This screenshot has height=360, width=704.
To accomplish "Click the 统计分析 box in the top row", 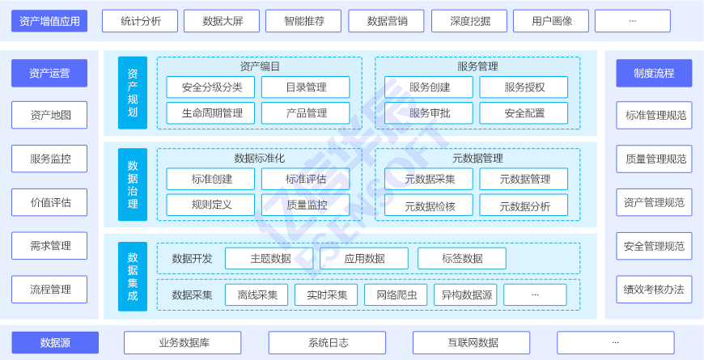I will [141, 21].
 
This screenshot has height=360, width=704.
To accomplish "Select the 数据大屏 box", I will [221, 21].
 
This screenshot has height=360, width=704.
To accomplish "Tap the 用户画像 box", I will [551, 21].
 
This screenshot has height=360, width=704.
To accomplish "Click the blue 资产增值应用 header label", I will [49, 21].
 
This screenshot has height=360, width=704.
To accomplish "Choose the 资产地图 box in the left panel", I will [49, 115].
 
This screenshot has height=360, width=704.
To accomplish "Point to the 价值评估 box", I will [49, 202].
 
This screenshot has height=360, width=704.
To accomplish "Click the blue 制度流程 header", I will [654, 73].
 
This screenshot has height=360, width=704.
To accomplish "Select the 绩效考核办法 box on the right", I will [654, 290].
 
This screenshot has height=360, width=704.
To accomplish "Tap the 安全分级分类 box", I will [210, 87].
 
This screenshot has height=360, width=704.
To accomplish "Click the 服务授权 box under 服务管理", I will [524, 87].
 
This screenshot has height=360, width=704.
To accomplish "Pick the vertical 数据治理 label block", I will [133, 184].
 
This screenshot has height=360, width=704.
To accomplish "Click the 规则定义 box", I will [210, 205].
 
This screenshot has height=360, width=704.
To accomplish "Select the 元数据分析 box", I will [524, 205].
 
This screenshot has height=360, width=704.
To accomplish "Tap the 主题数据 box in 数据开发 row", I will [269, 259].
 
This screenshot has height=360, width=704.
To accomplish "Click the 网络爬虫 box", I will [396, 295].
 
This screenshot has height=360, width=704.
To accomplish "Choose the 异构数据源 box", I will [465, 295].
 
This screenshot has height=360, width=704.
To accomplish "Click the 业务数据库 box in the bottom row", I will [183, 343].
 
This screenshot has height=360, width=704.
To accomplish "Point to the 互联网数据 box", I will [472, 343].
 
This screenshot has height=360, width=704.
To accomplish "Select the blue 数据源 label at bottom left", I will [55, 343].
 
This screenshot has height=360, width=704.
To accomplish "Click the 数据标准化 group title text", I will [259, 158].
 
